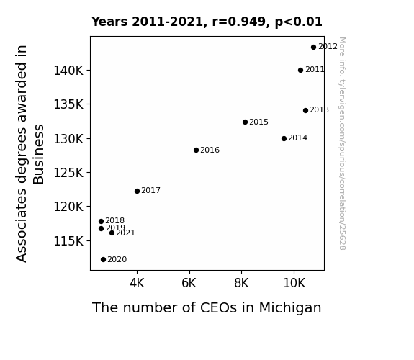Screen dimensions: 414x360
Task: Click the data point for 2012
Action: [x=313, y=48]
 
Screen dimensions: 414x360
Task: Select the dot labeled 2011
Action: [x=300, y=71]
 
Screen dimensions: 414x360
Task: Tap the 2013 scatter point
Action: [x=305, y=110]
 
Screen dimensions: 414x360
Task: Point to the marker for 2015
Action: [x=245, y=122]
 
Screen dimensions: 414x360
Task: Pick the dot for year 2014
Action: [x=284, y=138]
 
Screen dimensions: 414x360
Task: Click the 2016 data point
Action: [x=196, y=150]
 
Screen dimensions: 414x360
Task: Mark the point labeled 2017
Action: [x=137, y=191]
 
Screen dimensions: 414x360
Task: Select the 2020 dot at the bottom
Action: [x=103, y=260]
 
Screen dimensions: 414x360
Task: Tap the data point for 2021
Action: [x=112, y=233]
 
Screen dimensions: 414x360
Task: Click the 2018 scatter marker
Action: [x=101, y=221]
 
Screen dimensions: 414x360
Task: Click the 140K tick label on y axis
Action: [x=68, y=71]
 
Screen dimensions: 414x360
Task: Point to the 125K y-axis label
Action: [x=68, y=173]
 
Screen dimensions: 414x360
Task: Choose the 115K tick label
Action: [x=68, y=241]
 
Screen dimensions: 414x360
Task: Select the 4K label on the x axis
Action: [x=137, y=283]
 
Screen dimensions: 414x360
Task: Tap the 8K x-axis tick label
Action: [x=241, y=283]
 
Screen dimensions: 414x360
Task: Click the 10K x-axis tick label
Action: [x=294, y=283]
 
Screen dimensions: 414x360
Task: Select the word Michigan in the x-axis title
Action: [x=290, y=307]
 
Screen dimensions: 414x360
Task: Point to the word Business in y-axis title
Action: [x=39, y=154]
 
